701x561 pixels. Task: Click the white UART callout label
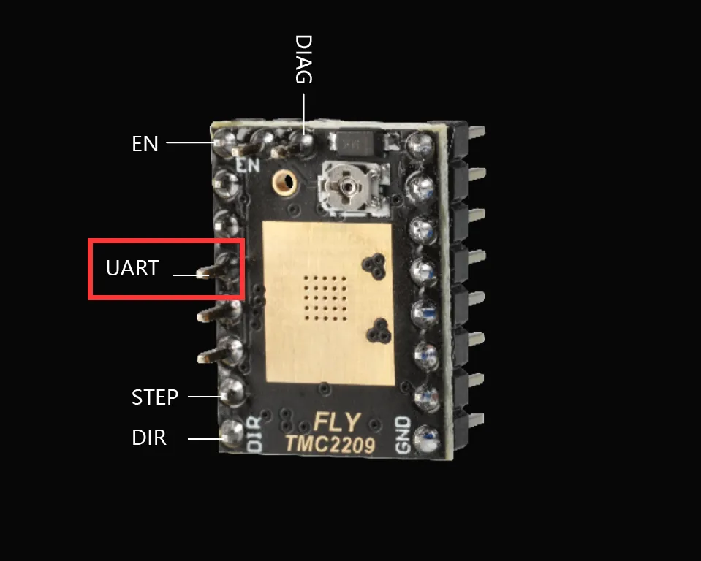click(132, 267)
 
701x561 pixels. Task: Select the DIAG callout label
click(303, 59)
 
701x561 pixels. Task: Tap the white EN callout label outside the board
click(145, 143)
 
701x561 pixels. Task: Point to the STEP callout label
click(155, 397)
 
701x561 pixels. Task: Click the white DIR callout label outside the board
click(149, 438)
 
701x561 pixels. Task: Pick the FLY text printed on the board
click(337, 422)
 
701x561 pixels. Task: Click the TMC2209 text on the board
click(330, 444)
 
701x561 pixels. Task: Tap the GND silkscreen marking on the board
click(403, 435)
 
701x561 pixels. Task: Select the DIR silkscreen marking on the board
click(254, 434)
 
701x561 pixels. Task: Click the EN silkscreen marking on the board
click(248, 165)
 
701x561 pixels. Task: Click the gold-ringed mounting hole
click(284, 182)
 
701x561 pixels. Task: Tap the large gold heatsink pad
click(329, 303)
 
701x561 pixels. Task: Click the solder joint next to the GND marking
click(427, 438)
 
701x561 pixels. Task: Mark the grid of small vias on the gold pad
click(325, 297)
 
